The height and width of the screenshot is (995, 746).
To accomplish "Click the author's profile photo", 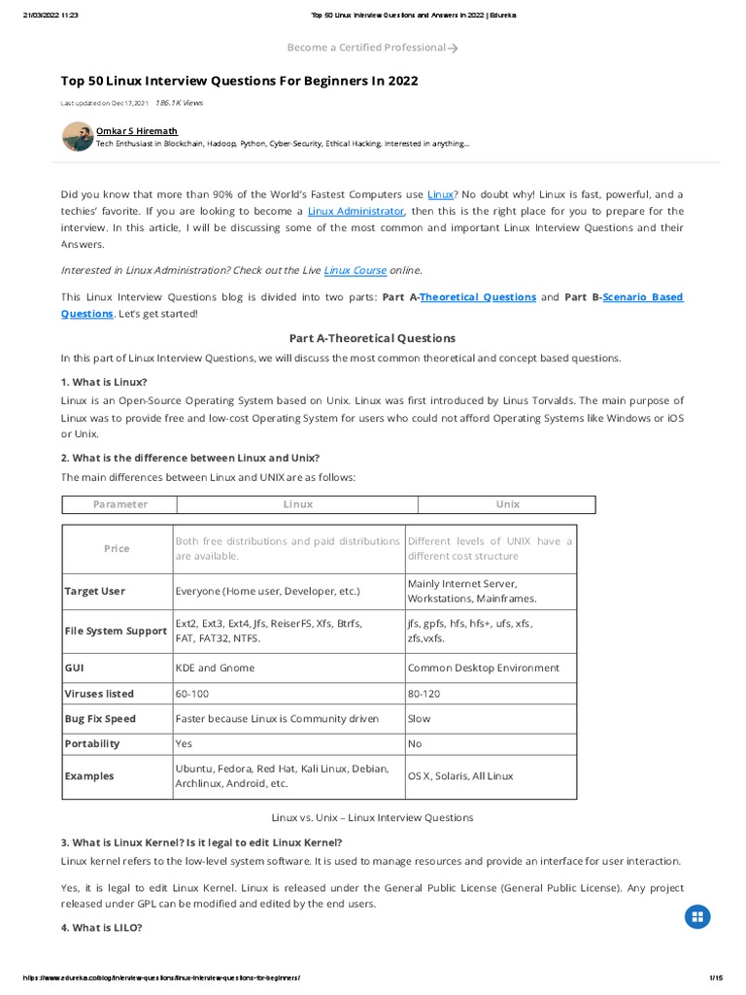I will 78,136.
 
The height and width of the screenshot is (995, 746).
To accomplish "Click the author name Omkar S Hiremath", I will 137,130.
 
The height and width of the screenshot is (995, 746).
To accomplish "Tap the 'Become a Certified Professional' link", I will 372,47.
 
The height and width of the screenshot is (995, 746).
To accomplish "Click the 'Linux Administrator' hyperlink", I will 356,211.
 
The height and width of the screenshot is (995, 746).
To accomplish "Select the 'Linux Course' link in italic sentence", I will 355,270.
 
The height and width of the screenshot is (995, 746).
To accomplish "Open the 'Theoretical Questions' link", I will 478,297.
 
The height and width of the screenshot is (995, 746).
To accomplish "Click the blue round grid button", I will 698,916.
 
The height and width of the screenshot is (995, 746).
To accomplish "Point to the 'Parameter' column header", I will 120,504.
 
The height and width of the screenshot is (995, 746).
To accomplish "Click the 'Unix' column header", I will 507,504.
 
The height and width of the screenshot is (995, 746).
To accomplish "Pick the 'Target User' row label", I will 94,591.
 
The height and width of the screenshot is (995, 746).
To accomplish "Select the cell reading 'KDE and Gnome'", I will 215,668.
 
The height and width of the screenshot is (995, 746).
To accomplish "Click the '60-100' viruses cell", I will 191,694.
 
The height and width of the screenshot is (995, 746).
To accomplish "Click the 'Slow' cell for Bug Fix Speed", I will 419,719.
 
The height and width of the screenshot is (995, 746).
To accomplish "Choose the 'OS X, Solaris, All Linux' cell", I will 460,776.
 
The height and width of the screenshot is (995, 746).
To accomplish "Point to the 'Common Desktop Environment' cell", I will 483,668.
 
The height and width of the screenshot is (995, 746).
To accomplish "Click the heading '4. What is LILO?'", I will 101,928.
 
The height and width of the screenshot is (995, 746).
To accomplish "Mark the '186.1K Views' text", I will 179,102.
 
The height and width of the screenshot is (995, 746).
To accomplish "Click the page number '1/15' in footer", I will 717,978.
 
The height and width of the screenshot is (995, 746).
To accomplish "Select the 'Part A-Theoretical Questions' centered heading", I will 372,338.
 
